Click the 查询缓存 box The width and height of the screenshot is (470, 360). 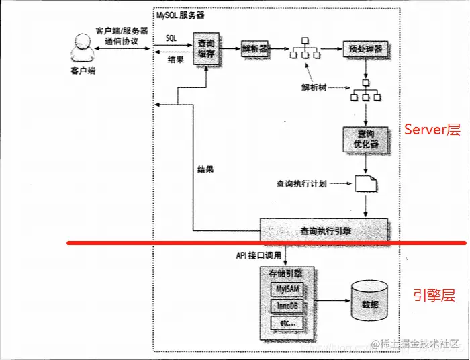(205, 48)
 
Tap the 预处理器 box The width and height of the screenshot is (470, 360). (366, 49)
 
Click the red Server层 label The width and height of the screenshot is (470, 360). (432, 130)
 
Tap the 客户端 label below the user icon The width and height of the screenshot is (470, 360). (83, 70)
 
